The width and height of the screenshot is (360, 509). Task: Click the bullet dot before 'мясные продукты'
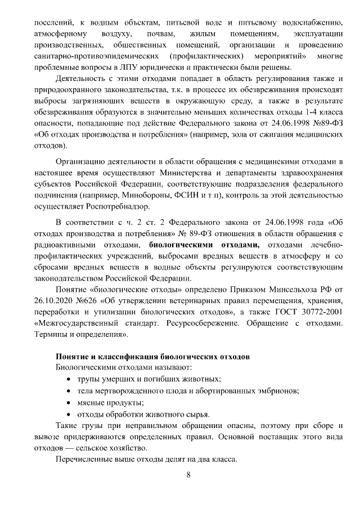pos(69,402)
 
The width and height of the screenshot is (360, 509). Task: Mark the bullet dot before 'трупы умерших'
pos(69,380)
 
